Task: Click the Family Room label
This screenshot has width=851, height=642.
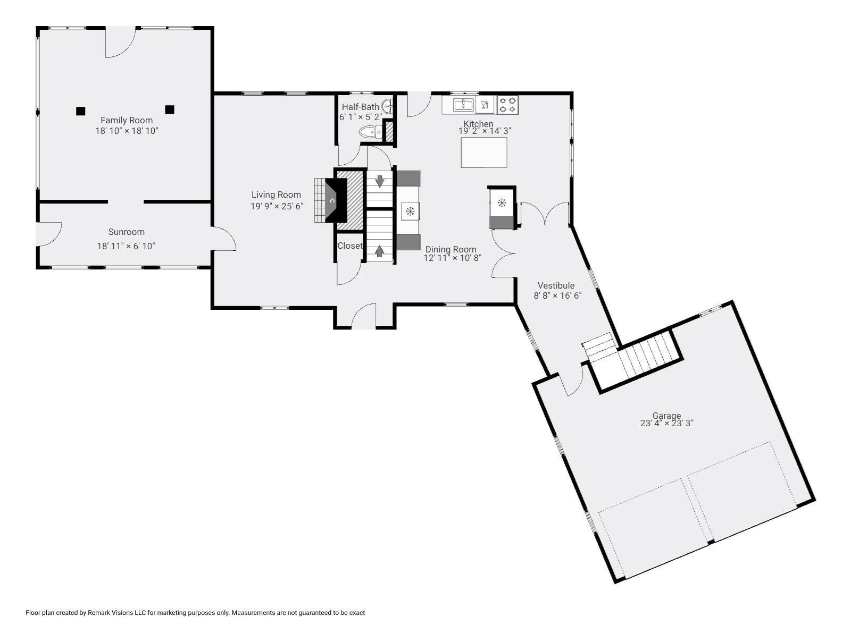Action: tap(127, 120)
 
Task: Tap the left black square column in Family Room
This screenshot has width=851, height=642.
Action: tap(80, 111)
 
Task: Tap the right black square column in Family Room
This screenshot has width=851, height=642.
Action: tap(170, 109)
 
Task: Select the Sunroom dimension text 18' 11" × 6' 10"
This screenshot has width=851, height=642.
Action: tap(126, 246)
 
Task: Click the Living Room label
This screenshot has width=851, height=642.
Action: tap(276, 195)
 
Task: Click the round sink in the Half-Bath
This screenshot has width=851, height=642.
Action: tap(388, 105)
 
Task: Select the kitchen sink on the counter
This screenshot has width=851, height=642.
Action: tap(463, 105)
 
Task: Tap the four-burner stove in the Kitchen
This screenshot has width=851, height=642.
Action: tap(507, 105)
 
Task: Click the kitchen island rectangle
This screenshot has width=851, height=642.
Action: tap(484, 153)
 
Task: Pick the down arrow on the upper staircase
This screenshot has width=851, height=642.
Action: tap(380, 181)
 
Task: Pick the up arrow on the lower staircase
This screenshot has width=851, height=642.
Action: tap(380, 252)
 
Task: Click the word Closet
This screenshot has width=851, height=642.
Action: tap(349, 246)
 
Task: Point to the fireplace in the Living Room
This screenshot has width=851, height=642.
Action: tap(336, 200)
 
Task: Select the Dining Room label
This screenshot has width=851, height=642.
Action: tap(450, 249)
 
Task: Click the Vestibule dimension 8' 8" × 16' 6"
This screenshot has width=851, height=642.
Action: tap(557, 296)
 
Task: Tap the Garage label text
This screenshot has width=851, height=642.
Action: tap(666, 416)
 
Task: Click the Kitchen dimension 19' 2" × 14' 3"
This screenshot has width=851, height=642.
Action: tap(485, 131)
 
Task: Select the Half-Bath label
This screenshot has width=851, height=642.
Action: tap(360, 107)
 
